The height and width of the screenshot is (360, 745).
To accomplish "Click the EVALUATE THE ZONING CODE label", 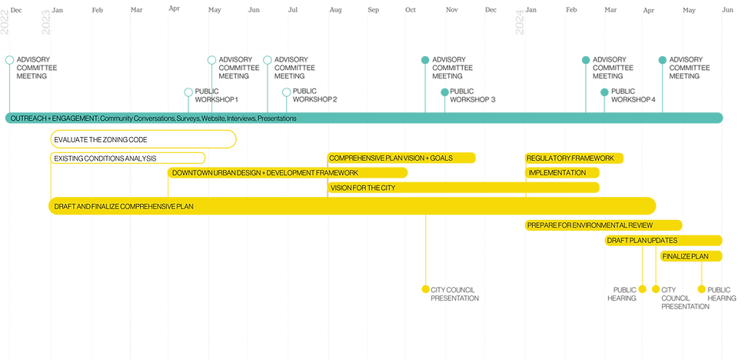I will tap(100, 140).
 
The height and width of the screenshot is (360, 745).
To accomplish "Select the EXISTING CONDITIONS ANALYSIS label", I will tap(105, 158).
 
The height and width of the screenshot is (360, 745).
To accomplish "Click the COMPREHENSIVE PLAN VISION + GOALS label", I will tap(391, 158).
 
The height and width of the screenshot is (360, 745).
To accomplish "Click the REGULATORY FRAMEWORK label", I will tap(570, 158).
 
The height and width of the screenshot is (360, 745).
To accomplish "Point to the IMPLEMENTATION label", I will tap(557, 172).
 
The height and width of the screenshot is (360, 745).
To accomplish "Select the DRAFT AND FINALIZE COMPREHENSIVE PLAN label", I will tap(123, 206).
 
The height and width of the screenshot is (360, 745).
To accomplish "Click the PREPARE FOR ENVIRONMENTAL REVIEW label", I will tap(590, 225).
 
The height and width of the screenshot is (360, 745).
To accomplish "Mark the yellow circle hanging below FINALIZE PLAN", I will tap(700, 289).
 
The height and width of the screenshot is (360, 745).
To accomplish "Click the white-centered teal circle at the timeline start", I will tap(9, 60).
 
